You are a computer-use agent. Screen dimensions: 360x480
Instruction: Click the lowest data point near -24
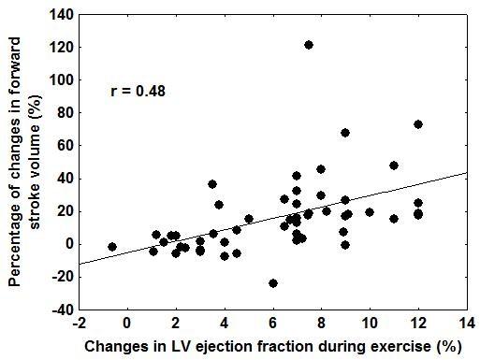(273, 283)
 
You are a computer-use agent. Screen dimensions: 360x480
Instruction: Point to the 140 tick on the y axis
(64, 15)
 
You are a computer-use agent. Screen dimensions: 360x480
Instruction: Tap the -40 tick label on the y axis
(64, 310)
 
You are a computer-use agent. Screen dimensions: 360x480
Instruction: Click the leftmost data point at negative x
(112, 247)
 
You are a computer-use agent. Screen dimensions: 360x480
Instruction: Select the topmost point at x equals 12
(418, 124)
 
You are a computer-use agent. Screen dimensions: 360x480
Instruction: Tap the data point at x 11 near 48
(394, 166)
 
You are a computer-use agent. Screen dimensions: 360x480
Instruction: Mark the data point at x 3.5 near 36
(212, 184)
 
